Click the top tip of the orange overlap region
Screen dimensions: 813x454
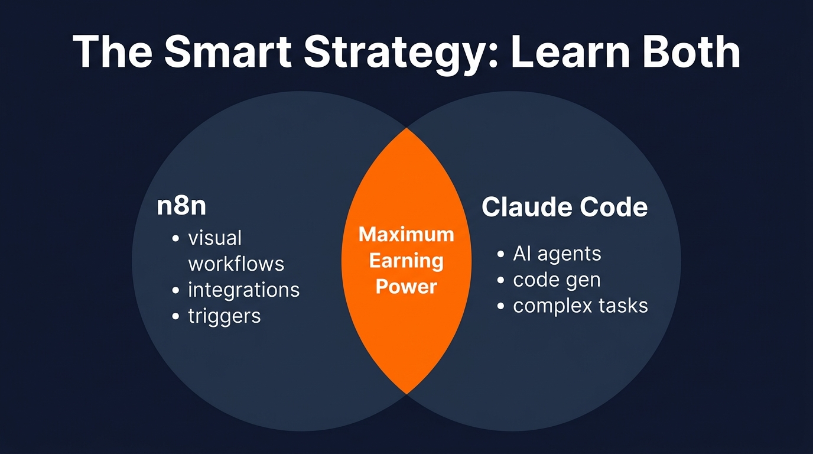click(406, 128)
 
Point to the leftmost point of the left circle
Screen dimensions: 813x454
click(132, 261)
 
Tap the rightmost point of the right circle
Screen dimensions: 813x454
click(681, 261)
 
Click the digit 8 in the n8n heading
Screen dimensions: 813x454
click(181, 206)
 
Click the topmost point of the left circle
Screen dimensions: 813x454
click(301, 91)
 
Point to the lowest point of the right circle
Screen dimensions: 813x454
click(512, 432)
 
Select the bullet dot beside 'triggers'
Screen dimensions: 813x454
click(175, 316)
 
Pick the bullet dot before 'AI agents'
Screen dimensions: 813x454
click(500, 254)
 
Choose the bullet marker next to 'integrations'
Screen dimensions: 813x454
click(175, 290)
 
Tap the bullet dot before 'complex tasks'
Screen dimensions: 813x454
click(500, 306)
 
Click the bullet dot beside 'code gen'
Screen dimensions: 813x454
click(500, 280)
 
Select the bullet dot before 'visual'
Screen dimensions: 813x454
click(175, 239)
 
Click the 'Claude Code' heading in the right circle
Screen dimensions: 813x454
click(565, 207)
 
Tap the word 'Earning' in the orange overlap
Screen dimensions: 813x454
click(406, 261)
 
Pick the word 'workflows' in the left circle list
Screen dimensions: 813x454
click(236, 264)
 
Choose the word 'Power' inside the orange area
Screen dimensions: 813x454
click(406, 287)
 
